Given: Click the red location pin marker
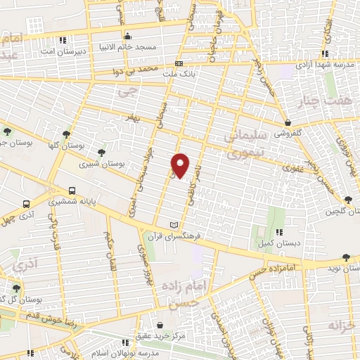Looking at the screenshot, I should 181,166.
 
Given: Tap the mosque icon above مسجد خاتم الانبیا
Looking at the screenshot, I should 127,37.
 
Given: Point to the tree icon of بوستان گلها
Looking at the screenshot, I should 66,133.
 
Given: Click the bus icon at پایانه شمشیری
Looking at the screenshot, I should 72,190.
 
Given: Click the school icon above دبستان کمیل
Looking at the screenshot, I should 279,232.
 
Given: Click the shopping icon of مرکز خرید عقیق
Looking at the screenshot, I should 162,326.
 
